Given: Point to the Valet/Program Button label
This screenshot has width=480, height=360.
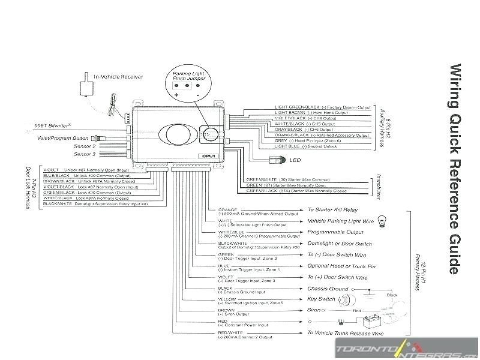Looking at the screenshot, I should click(x=68, y=137).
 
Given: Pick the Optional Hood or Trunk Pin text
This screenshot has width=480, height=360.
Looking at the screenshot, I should click(x=341, y=266).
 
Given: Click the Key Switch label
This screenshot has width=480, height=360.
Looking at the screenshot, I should click(x=321, y=299).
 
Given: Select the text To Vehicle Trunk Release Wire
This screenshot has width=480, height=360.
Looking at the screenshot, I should click(x=345, y=332).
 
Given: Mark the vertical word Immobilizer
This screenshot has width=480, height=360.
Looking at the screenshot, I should click(x=379, y=180).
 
